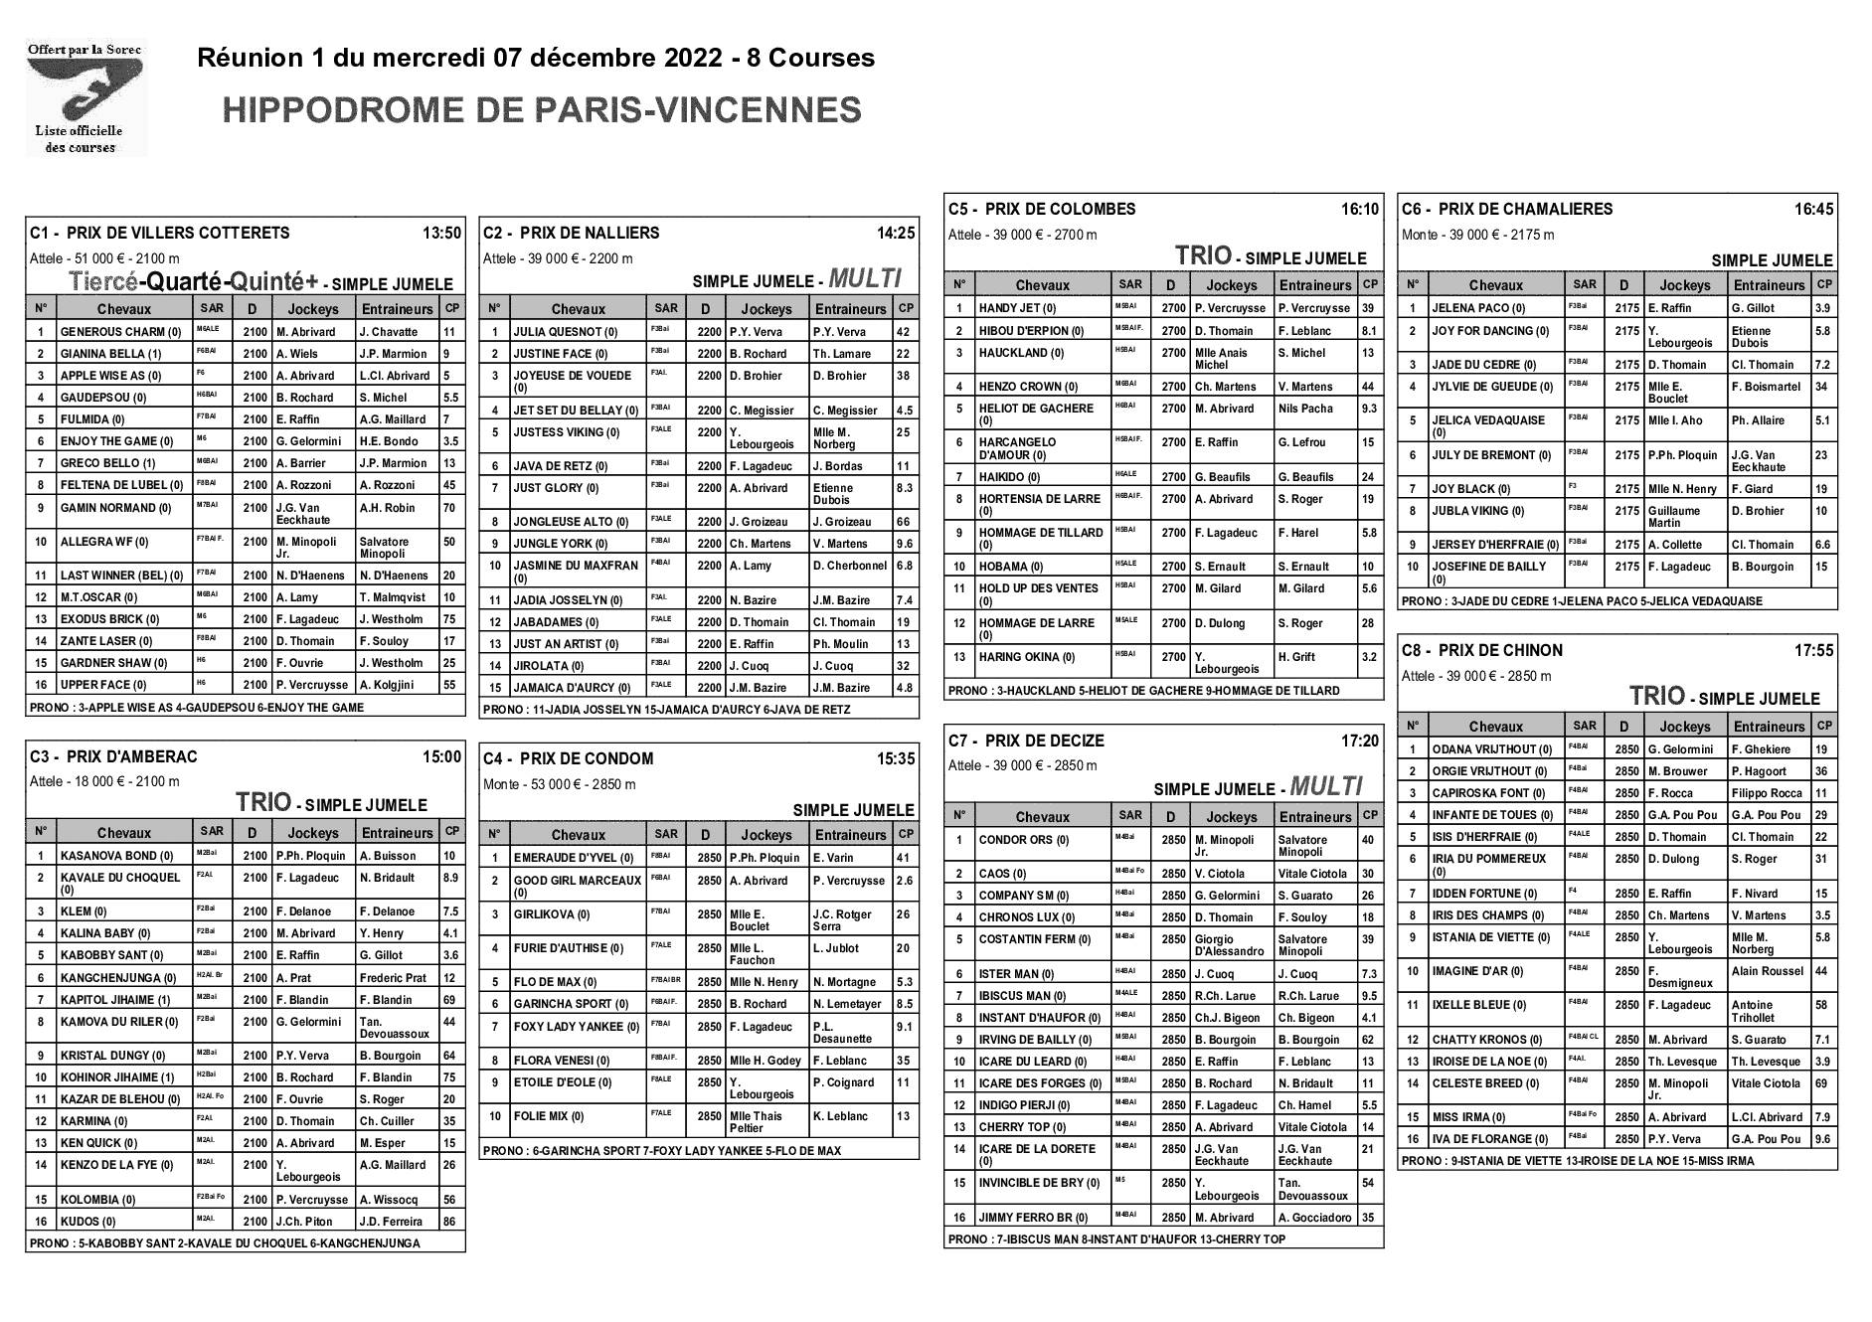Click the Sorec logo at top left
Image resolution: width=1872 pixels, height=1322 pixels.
tap(85, 96)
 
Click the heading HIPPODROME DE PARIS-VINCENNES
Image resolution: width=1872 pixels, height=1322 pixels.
tap(542, 109)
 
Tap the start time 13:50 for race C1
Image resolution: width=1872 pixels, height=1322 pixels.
tap(441, 234)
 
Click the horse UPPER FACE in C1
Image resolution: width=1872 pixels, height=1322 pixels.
tap(103, 685)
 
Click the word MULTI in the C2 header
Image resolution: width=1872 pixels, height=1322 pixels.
tap(865, 278)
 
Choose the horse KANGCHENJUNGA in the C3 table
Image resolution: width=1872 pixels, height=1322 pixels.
tap(117, 979)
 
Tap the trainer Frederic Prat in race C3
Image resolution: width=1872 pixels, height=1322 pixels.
tap(393, 978)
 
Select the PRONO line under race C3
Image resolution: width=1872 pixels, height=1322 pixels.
tap(225, 1243)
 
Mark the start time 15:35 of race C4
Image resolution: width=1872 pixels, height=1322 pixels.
tap(895, 759)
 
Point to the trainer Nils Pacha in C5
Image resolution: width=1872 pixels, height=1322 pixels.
tap(1305, 409)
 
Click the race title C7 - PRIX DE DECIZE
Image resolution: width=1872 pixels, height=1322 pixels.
tap(1026, 742)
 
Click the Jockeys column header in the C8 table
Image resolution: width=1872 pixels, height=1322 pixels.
tap(1685, 727)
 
